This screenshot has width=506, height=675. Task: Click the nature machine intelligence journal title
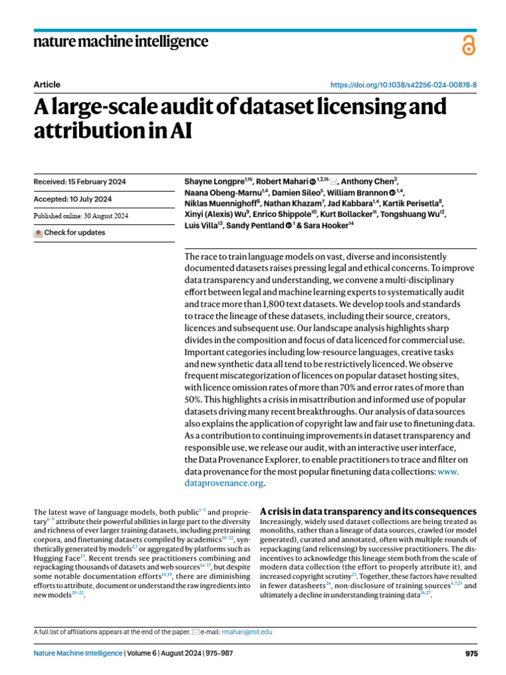[121, 42]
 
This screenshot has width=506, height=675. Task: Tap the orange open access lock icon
[468, 45]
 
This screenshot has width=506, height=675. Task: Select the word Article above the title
[46, 84]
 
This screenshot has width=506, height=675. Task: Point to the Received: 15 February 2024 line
[80, 182]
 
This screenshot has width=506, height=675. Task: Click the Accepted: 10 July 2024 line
[72, 199]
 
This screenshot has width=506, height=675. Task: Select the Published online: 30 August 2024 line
[80, 216]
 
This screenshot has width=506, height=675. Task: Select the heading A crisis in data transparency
[368, 512]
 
